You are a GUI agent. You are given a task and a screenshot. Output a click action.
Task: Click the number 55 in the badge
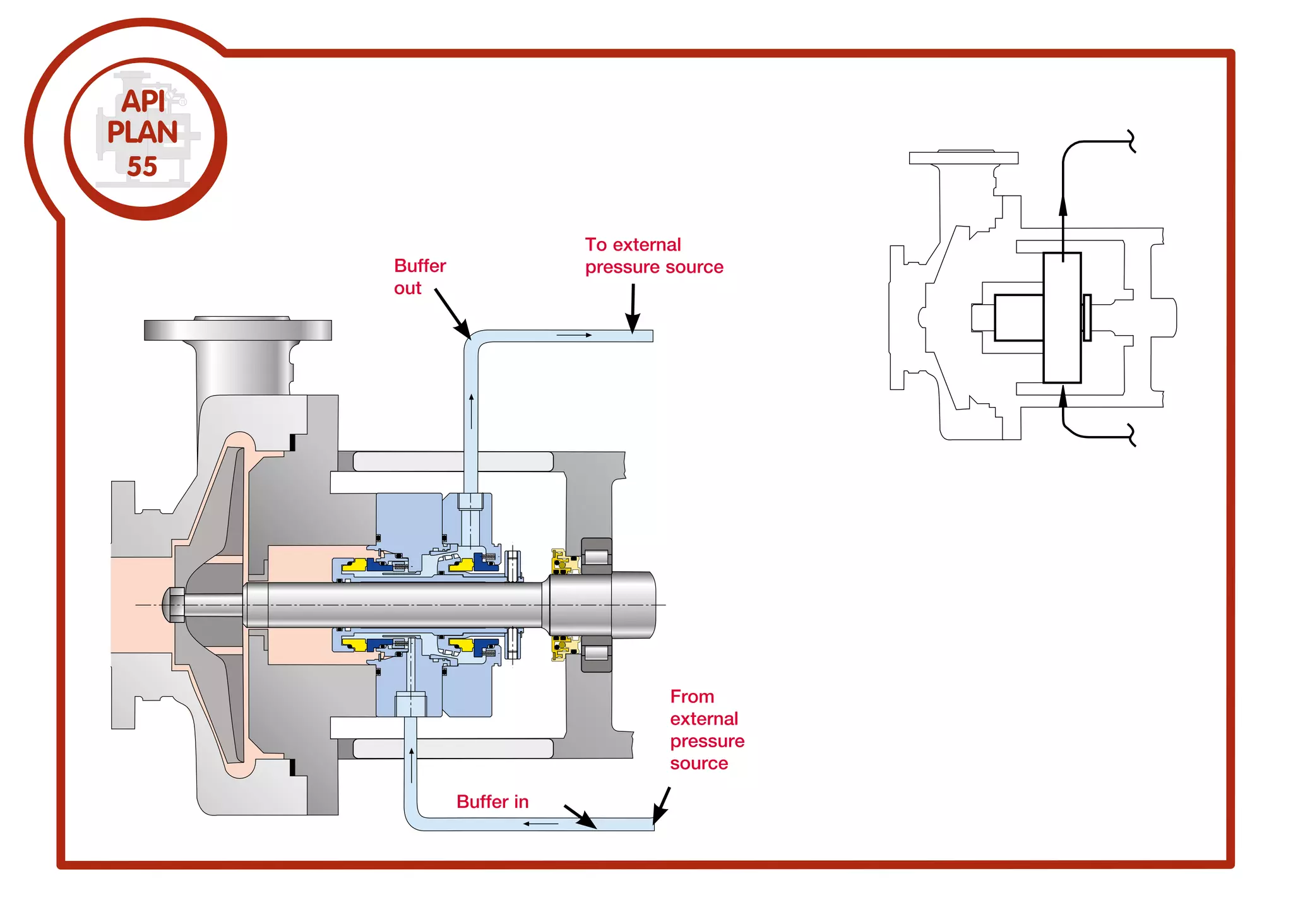click(142, 167)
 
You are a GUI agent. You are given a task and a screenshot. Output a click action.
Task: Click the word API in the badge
click(143, 101)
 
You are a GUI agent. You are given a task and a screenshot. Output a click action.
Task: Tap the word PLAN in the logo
click(143, 133)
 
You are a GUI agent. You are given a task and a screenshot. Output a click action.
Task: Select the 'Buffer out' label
click(419, 276)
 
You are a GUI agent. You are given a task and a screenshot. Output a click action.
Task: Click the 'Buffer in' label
click(492, 802)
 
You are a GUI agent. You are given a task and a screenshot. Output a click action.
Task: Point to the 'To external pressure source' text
click(653, 256)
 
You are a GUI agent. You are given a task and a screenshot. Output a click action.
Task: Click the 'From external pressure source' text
click(706, 730)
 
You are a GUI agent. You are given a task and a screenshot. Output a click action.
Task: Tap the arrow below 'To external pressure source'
click(633, 309)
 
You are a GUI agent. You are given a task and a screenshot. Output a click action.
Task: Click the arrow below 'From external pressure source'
click(661, 806)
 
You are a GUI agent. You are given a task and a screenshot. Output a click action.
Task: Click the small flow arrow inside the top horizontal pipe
click(574, 335)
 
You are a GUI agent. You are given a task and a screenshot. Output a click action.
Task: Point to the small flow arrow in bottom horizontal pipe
click(540, 824)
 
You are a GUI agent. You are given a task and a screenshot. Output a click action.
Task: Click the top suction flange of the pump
click(238, 329)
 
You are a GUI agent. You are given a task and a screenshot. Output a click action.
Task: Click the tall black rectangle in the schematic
click(1062, 317)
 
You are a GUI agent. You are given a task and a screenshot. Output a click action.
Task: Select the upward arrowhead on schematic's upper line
click(1063, 206)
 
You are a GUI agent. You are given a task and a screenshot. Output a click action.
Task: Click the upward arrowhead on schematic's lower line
click(1063, 396)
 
